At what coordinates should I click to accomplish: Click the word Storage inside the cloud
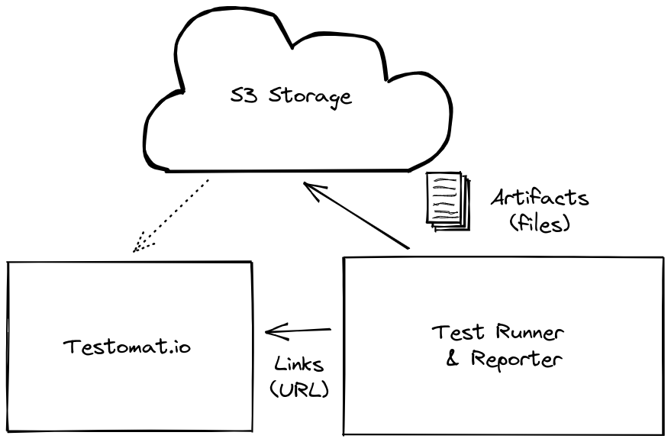pyautogui.click(x=311, y=98)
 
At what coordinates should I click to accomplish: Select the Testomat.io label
pyautogui.click(x=127, y=347)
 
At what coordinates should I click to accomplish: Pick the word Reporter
pyautogui.click(x=515, y=359)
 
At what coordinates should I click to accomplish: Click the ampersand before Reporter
pyautogui.click(x=453, y=359)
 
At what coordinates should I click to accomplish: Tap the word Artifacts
pyautogui.click(x=540, y=198)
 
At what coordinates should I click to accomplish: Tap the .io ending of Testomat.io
pyautogui.click(x=179, y=347)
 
